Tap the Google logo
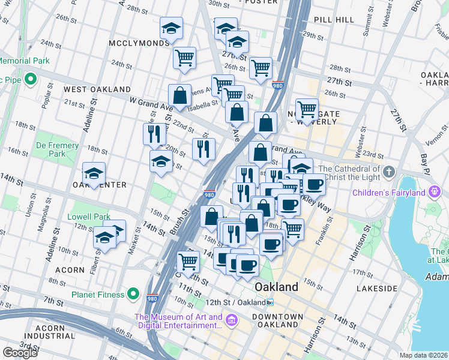tap(20, 353)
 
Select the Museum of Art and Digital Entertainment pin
tap(231, 322)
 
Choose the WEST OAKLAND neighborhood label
tap(89, 89)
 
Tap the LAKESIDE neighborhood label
tap(376, 289)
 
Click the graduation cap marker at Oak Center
tap(94, 174)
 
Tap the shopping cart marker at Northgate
tap(307, 109)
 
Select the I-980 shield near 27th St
tap(278, 85)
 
